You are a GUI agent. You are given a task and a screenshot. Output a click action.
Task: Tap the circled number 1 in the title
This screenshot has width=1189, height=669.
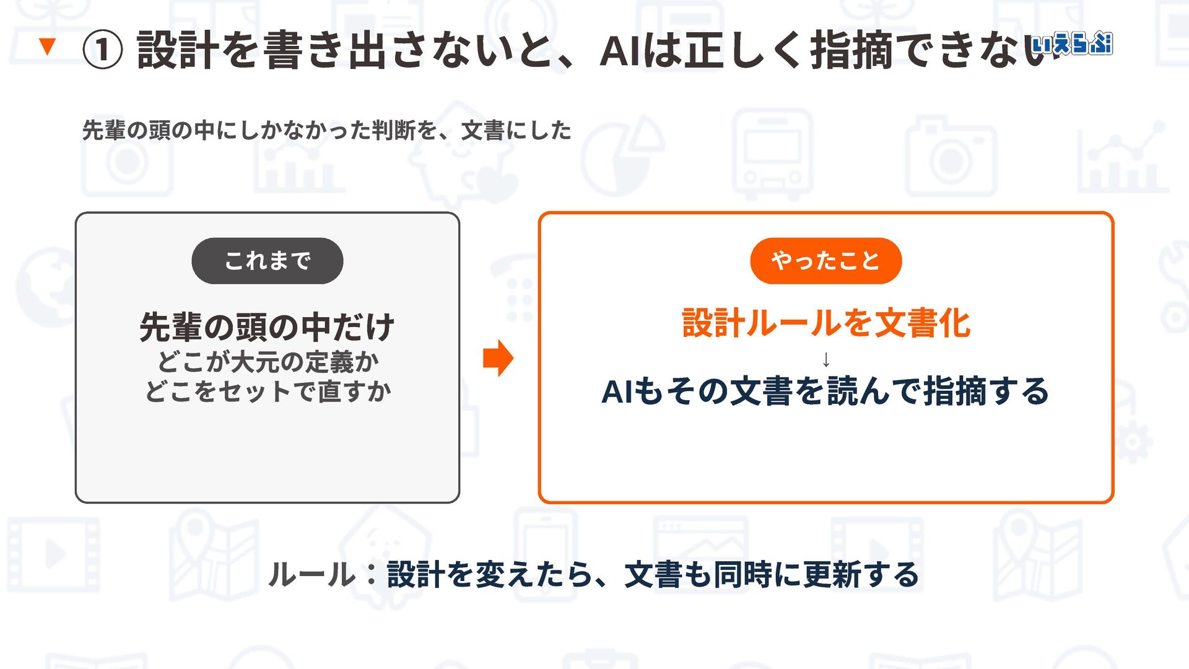(x=103, y=50)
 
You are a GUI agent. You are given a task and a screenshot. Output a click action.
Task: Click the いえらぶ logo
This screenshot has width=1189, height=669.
(x=1072, y=43)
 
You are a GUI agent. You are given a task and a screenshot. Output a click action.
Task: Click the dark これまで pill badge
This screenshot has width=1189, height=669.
(x=268, y=261)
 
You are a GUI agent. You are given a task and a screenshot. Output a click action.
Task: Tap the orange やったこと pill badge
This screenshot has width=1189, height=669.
(x=825, y=261)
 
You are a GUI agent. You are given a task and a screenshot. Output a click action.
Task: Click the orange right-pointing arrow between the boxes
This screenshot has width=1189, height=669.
(x=498, y=358)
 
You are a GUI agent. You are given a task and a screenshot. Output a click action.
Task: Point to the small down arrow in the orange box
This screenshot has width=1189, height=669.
(x=825, y=359)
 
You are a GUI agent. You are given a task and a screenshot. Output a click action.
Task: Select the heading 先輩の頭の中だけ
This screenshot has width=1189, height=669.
(x=267, y=327)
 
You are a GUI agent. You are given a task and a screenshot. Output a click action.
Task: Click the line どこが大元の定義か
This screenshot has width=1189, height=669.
(x=268, y=362)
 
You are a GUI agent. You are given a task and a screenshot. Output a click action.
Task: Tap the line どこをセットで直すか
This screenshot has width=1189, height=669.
(x=268, y=391)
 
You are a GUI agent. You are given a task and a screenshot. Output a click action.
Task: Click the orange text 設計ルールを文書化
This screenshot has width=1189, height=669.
(x=825, y=323)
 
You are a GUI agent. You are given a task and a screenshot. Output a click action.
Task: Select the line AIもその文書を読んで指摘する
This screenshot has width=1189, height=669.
(x=825, y=391)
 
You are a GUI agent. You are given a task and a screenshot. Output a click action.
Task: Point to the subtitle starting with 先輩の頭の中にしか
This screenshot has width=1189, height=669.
(x=327, y=131)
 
